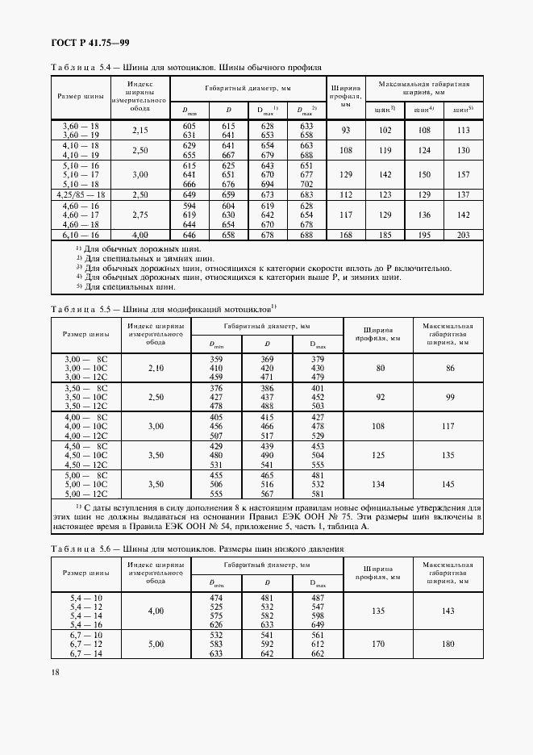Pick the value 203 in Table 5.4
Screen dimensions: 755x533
click(462, 234)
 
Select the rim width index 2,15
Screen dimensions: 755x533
click(140, 131)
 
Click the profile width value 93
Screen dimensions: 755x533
click(346, 131)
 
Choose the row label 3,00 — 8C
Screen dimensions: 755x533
click(85, 358)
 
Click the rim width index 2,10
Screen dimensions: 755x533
click(156, 367)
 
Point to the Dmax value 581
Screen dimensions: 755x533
click(317, 494)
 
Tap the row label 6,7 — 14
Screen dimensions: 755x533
click(85, 653)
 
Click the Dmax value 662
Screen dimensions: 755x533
click(317, 653)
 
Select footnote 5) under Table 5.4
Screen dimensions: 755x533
click(127, 286)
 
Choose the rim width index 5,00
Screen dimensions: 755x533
click(156, 644)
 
